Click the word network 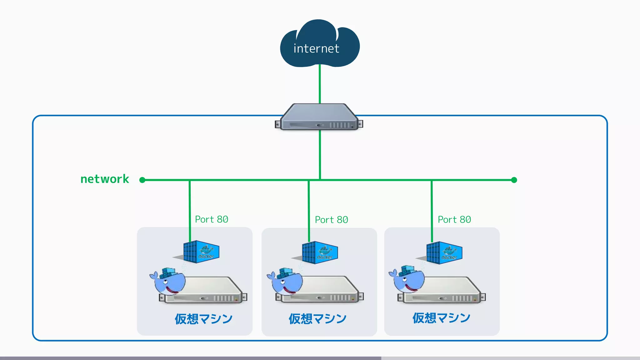105,179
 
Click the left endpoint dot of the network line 142,180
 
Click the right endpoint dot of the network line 514,180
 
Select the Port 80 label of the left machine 212,219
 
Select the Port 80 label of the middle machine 331,220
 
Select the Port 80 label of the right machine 454,220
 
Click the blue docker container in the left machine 201,252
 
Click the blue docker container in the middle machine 320,252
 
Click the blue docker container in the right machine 444,253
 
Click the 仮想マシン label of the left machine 203,319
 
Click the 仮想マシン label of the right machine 441,318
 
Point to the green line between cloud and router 320,84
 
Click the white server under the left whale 209,291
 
